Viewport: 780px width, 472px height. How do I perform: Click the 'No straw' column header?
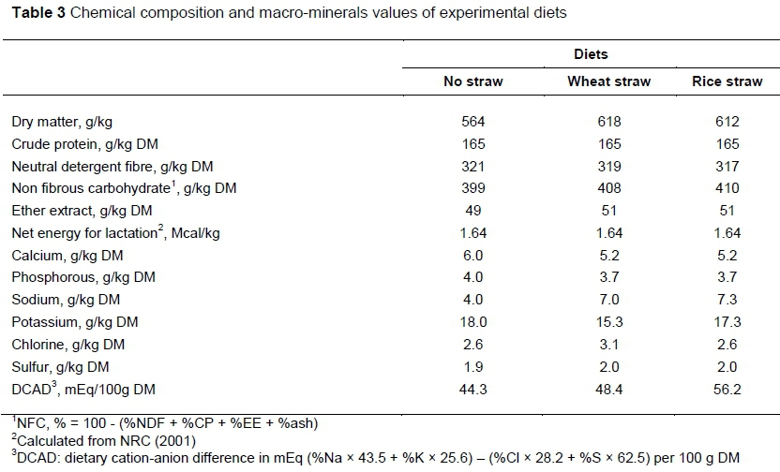click(x=472, y=81)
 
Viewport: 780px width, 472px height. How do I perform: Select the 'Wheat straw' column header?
click(x=608, y=81)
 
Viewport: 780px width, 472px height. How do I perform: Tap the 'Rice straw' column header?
click(x=727, y=81)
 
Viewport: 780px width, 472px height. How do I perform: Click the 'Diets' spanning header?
click(x=591, y=54)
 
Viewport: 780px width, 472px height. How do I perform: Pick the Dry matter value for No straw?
click(x=472, y=122)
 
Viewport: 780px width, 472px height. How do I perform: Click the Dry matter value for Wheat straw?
click(x=608, y=122)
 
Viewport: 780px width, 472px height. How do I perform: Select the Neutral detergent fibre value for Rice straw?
click(x=727, y=166)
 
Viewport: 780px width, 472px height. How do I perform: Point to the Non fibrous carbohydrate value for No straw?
click(x=472, y=188)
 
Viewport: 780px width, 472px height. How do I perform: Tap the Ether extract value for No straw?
click(x=472, y=211)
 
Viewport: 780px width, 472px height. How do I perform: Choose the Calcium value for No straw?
click(x=472, y=255)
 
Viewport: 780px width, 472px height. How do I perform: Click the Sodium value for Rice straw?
click(x=727, y=300)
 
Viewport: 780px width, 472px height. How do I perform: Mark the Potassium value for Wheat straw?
click(x=608, y=322)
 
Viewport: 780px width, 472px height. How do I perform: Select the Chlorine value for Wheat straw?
click(x=608, y=344)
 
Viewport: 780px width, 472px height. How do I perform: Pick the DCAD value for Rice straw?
click(x=727, y=389)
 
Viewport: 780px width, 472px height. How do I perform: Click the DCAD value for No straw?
click(x=472, y=389)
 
